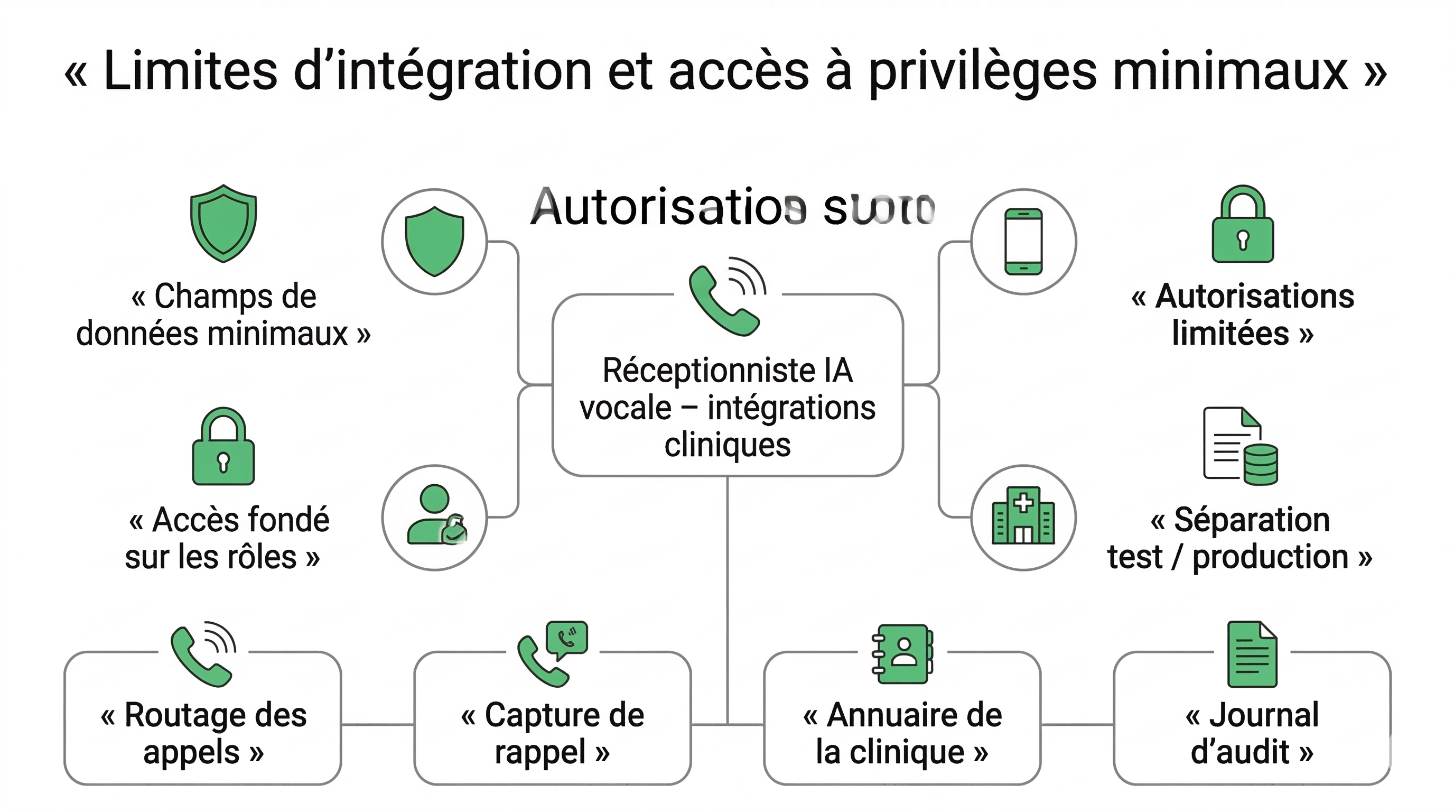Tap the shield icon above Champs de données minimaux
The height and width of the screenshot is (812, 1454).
click(223, 223)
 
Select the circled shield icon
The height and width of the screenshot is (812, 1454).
click(434, 242)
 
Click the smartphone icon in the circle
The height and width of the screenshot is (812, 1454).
click(1023, 242)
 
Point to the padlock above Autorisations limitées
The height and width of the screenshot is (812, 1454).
click(1242, 225)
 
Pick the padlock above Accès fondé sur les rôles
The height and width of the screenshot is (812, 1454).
click(223, 447)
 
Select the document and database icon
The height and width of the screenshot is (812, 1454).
click(1241, 446)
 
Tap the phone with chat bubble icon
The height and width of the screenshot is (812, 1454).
click(553, 654)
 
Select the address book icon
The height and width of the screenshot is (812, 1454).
click(902, 654)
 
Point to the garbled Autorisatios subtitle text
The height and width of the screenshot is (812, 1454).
click(732, 208)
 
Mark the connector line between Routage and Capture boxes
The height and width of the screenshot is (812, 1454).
click(378, 724)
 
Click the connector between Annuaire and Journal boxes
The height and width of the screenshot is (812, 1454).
click(1077, 724)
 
